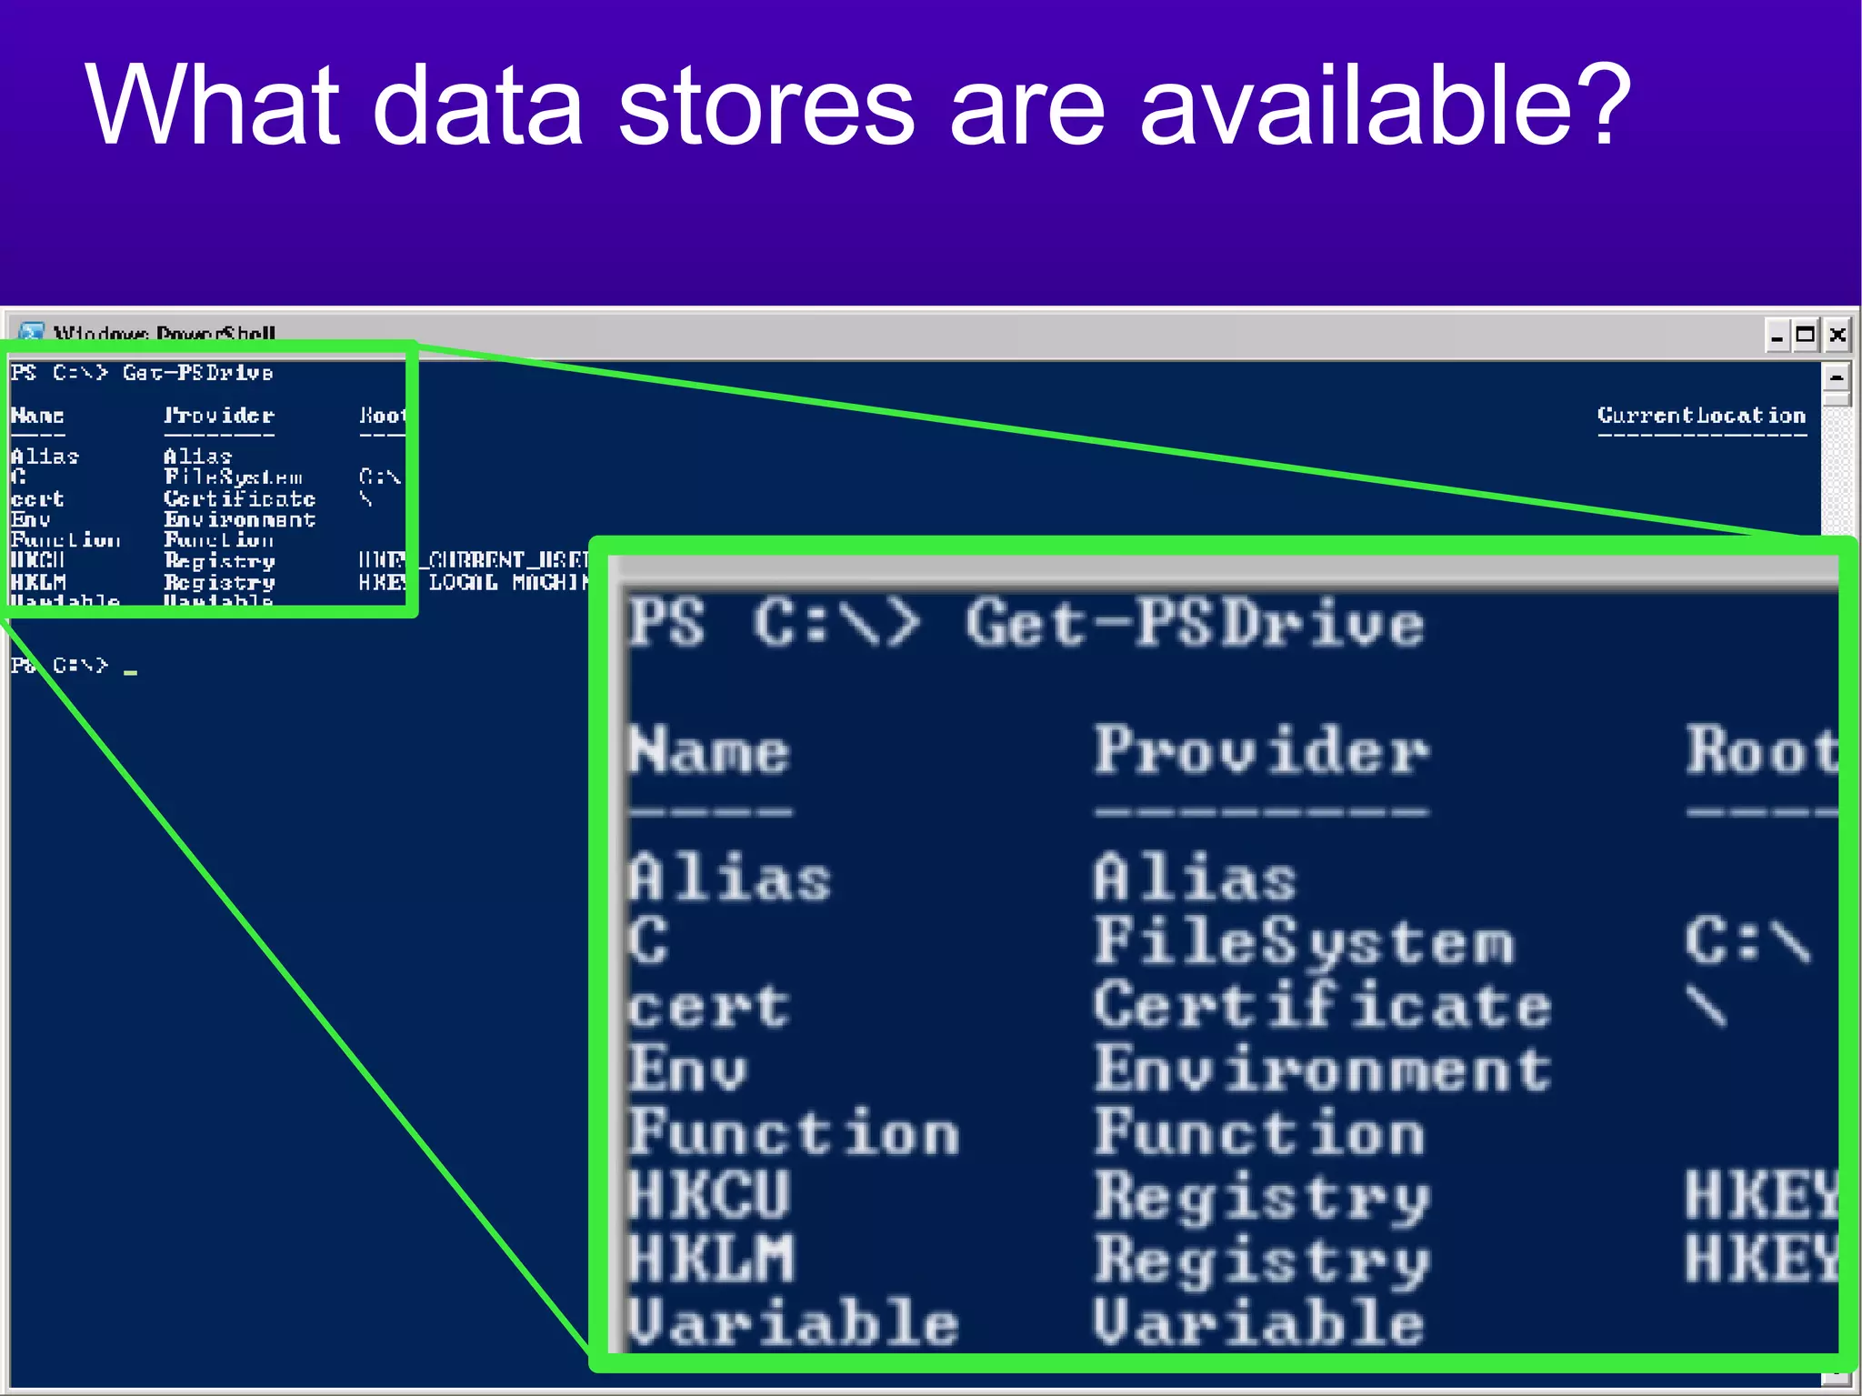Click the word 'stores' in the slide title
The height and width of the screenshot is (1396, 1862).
pos(766,106)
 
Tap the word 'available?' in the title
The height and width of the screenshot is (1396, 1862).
pos(1385,106)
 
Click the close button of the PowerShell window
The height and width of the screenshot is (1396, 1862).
pos(1837,335)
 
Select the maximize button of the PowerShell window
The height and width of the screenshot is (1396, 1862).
pos(1806,335)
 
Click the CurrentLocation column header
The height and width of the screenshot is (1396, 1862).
pos(1701,416)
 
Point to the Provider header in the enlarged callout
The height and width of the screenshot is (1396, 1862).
pos(1261,752)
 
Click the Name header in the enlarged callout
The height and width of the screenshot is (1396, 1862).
pos(710,752)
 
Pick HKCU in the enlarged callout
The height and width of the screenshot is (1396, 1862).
pos(710,1195)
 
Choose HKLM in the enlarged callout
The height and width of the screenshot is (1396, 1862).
pos(712,1259)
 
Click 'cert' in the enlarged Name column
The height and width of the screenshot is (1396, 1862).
pos(709,1008)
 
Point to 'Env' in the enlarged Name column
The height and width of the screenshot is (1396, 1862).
pos(688,1070)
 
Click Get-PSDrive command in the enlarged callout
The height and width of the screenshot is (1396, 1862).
pos(1195,624)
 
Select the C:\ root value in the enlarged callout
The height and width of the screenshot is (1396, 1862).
pos(1747,941)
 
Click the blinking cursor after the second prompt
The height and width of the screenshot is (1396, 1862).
pos(131,672)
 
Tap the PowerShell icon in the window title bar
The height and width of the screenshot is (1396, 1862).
pos(32,333)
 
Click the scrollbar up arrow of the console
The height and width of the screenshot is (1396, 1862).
pos(1837,377)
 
